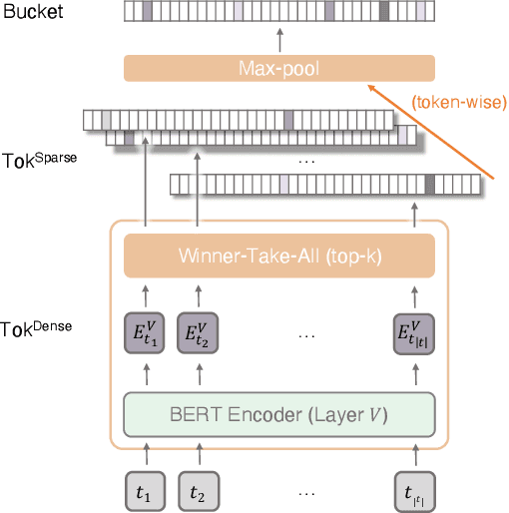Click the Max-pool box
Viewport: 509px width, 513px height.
click(279, 68)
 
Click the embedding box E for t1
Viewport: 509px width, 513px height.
click(146, 331)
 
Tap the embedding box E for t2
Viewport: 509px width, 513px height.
click(198, 331)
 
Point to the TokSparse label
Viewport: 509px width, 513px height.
click(39, 157)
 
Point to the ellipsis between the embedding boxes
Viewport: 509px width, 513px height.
click(306, 332)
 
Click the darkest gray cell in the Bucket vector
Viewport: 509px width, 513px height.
click(384, 12)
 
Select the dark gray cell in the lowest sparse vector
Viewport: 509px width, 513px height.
click(429, 184)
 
